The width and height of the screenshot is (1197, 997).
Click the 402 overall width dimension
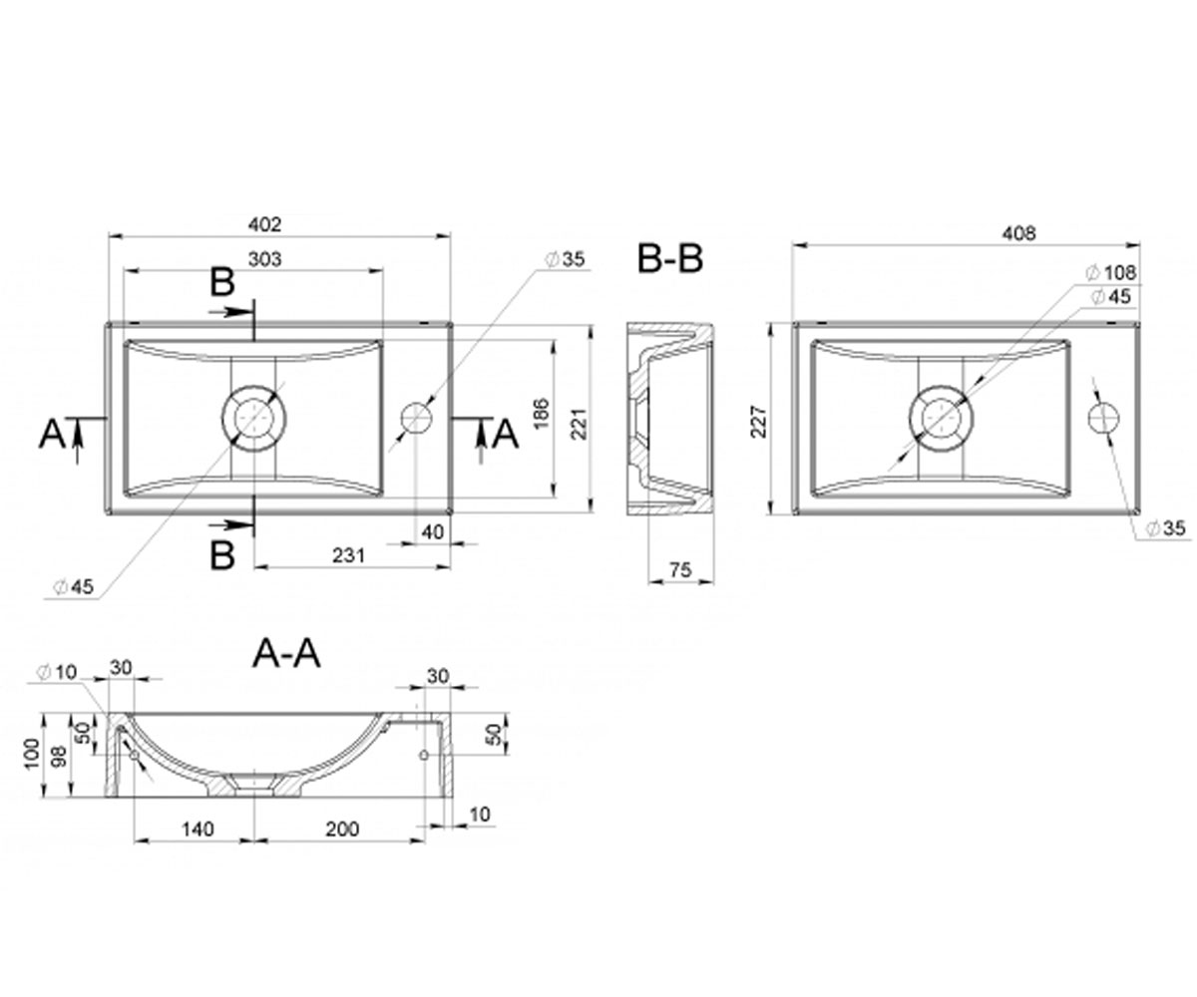click(265, 224)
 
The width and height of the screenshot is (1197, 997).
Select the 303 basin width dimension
click(265, 259)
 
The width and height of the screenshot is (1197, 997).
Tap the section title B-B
click(670, 259)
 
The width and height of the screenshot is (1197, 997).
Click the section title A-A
click(286, 654)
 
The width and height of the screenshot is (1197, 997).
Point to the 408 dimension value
click(1018, 233)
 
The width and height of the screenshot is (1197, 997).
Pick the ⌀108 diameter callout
click(1110, 273)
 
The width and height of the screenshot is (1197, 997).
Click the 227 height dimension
click(759, 422)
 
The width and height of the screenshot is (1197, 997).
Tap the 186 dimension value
click(541, 413)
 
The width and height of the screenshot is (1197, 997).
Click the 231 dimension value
click(348, 555)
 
